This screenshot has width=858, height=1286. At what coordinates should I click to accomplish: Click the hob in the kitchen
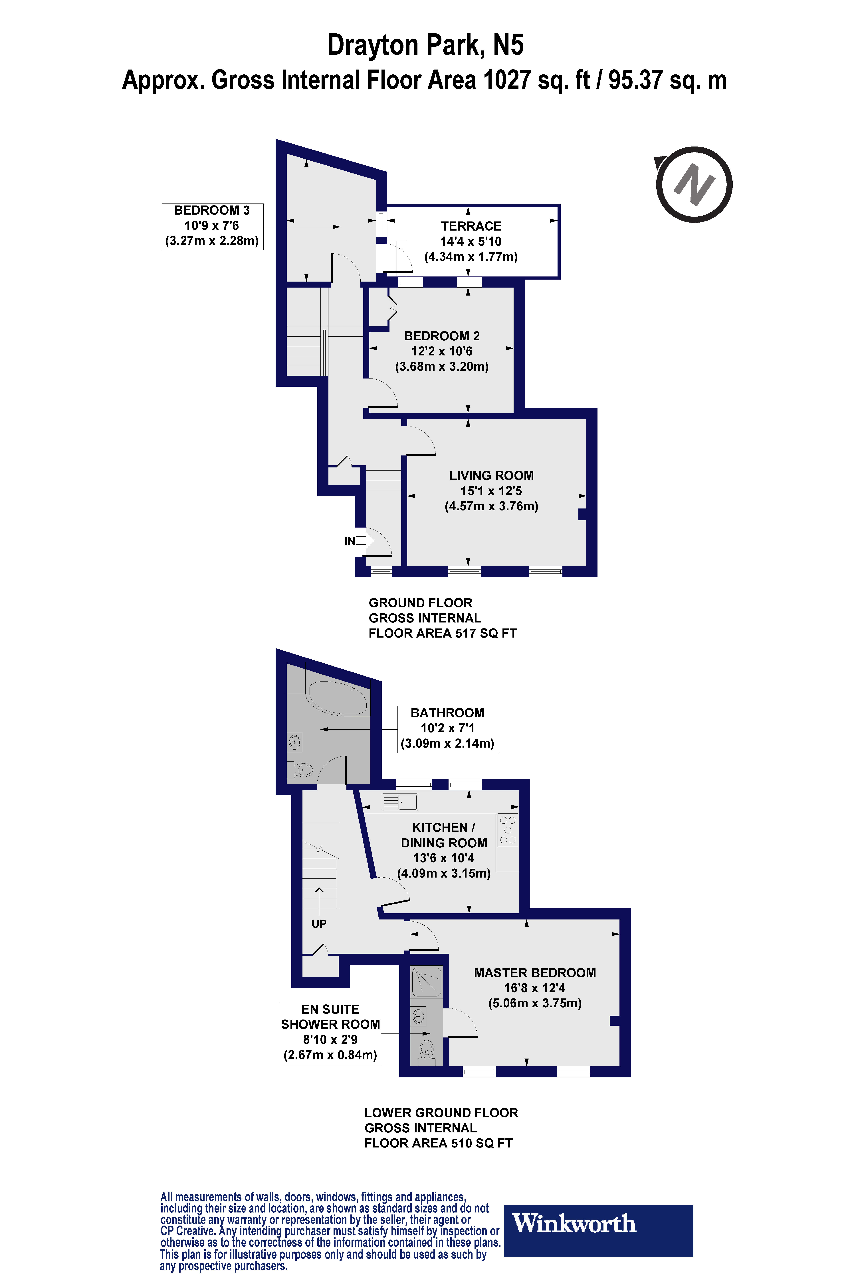point(507,830)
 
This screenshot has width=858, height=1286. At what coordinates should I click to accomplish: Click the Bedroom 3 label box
point(212,226)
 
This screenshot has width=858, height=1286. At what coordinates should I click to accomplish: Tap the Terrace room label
point(471,226)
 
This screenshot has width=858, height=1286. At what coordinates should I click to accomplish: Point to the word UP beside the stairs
point(319,923)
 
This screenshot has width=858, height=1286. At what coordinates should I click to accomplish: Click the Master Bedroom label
point(535,973)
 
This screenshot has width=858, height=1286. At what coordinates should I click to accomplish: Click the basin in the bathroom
point(295,742)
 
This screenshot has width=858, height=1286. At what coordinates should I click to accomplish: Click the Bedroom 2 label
point(442,336)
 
